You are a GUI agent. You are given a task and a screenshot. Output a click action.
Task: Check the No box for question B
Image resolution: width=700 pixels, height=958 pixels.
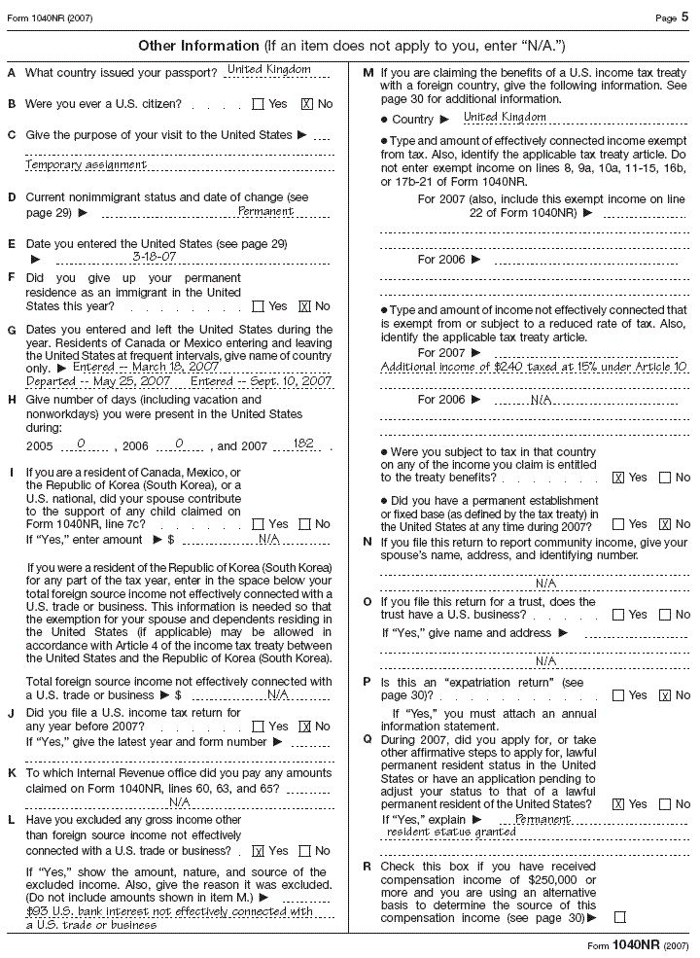(307, 104)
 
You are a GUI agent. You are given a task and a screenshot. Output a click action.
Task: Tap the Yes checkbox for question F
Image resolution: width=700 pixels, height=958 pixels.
(258, 306)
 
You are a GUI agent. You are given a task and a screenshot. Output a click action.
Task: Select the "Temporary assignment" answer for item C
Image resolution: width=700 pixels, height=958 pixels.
(86, 165)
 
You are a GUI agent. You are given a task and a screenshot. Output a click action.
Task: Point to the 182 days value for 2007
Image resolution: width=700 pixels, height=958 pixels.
(304, 444)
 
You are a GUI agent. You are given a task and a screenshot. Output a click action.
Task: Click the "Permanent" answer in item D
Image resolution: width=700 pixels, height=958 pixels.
(265, 211)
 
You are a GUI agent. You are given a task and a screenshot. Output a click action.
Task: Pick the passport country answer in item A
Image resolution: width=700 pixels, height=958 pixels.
(268, 70)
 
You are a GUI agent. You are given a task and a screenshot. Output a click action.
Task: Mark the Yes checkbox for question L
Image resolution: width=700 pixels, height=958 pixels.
(258, 851)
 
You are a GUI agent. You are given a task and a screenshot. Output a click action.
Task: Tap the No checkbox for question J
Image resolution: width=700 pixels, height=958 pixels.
(307, 727)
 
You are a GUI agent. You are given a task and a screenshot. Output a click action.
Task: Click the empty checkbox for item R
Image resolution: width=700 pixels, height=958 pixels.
(620, 917)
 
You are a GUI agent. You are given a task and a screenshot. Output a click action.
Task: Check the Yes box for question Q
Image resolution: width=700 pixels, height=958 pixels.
(618, 804)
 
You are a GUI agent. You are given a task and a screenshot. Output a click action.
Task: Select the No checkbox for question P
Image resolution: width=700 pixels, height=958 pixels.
(665, 695)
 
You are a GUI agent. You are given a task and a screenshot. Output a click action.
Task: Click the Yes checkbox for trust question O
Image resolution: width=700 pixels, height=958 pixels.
(618, 615)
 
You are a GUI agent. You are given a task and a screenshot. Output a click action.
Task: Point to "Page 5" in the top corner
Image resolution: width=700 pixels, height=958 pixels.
(666, 18)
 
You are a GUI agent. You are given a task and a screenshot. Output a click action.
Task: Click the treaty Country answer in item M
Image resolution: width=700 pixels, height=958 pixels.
(505, 118)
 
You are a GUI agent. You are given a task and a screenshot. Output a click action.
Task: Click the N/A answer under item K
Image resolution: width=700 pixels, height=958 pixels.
(180, 802)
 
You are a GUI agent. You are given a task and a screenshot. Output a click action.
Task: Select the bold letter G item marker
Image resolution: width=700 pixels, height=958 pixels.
(11, 330)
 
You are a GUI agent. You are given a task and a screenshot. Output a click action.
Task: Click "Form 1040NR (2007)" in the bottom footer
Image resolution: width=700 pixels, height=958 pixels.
(639, 945)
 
